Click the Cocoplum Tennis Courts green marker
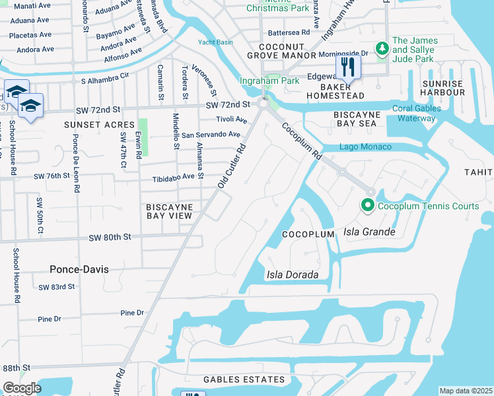(x=368, y=206)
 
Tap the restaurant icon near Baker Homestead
(x=347, y=67)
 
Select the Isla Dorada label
(x=293, y=275)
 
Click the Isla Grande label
(x=369, y=232)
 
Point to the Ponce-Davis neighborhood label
(x=79, y=269)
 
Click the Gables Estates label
(x=244, y=379)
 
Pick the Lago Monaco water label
(x=365, y=147)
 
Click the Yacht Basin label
(x=215, y=43)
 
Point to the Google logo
(x=21, y=388)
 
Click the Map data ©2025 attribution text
(x=466, y=391)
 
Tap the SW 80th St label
(x=113, y=236)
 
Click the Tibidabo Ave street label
(x=175, y=176)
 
